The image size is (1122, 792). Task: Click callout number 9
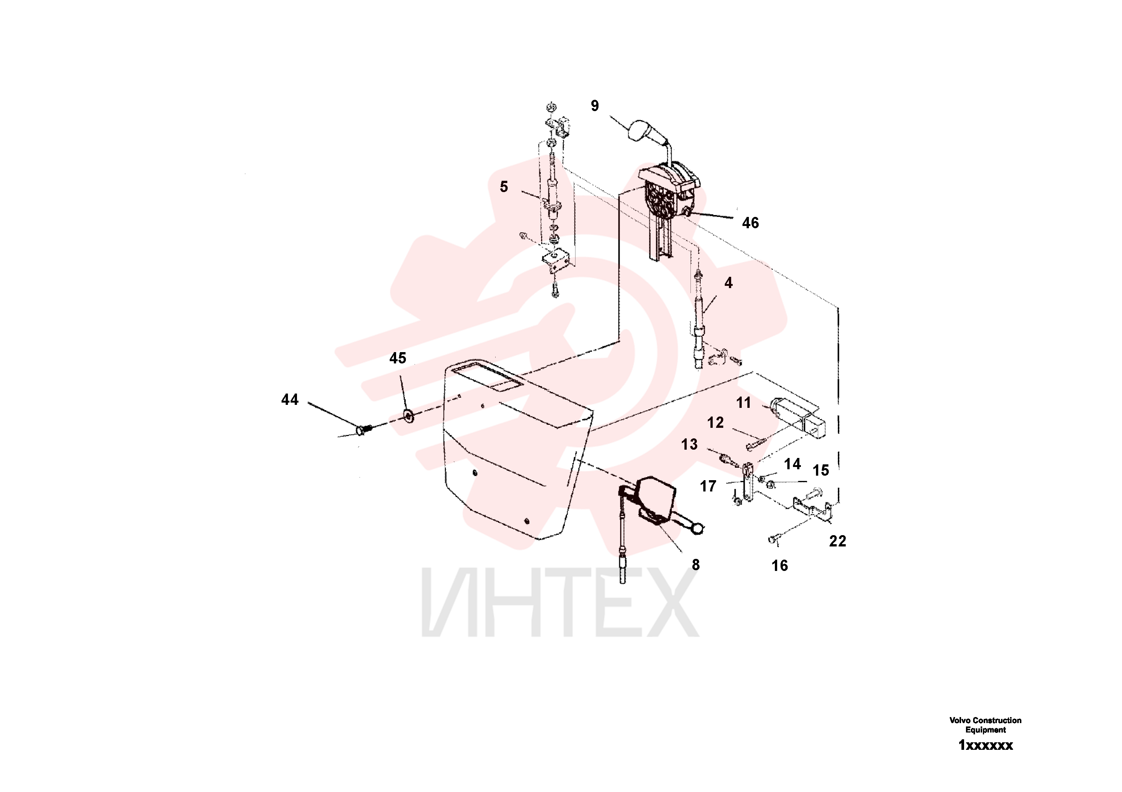[595, 106]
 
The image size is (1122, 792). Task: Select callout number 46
[751, 223]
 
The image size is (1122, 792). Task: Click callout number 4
[729, 283]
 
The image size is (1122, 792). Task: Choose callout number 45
[398, 359]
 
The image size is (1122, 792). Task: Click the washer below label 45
[409, 417]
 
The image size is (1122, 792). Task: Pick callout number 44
[290, 400]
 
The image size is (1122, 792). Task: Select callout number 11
[744, 403]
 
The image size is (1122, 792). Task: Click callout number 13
[690, 444]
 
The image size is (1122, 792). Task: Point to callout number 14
[793, 464]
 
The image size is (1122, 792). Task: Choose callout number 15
[821, 471]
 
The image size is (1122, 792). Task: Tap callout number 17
[708, 486]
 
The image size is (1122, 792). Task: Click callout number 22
[837, 541]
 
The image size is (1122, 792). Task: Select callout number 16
[779, 566]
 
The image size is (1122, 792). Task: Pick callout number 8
[696, 565]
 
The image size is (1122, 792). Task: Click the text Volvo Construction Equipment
[985, 725]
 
